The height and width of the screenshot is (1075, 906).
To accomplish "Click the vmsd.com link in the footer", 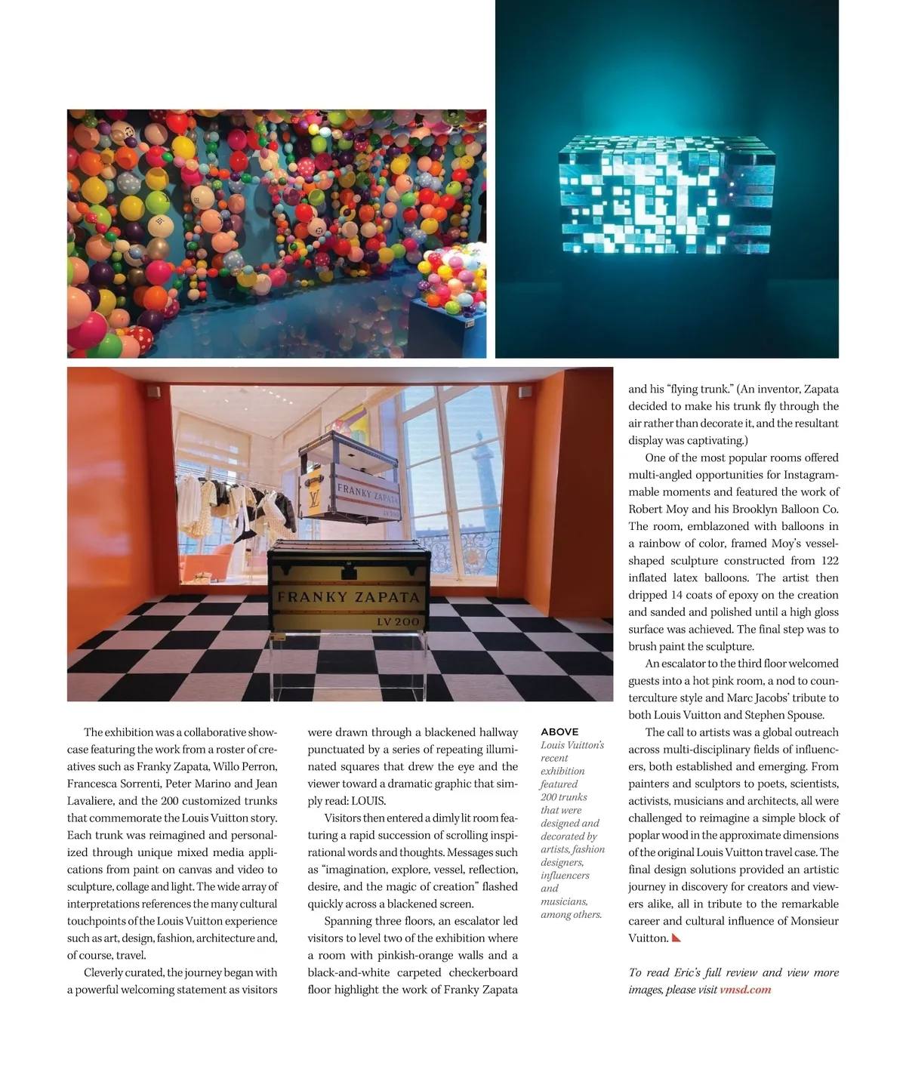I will click(745, 990).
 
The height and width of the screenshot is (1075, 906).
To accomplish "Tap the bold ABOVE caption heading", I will click(559, 732).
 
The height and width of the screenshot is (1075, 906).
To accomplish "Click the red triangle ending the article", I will click(676, 938).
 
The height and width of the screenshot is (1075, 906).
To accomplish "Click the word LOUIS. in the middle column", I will click(368, 801).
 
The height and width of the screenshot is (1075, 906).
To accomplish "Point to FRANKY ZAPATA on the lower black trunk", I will click(348, 597).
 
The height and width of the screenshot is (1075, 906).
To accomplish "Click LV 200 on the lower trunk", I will click(397, 622).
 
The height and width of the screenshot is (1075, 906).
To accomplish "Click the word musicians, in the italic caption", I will click(564, 901).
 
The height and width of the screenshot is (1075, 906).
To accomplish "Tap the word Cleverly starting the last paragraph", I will click(106, 972).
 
